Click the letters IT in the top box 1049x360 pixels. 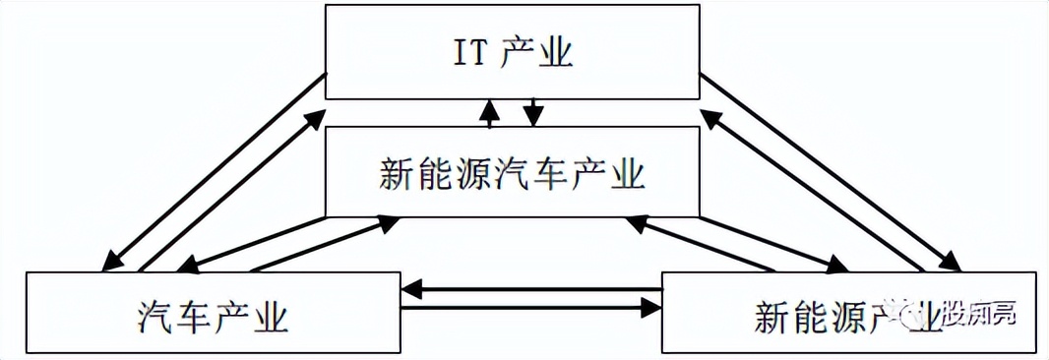[x=467, y=52]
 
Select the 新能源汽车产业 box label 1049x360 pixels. [x=511, y=174]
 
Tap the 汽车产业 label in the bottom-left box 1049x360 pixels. [x=213, y=317]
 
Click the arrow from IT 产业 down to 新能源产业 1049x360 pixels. [x=831, y=171]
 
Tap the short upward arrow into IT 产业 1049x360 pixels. [x=489, y=113]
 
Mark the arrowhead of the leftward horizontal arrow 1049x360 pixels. [x=410, y=289]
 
